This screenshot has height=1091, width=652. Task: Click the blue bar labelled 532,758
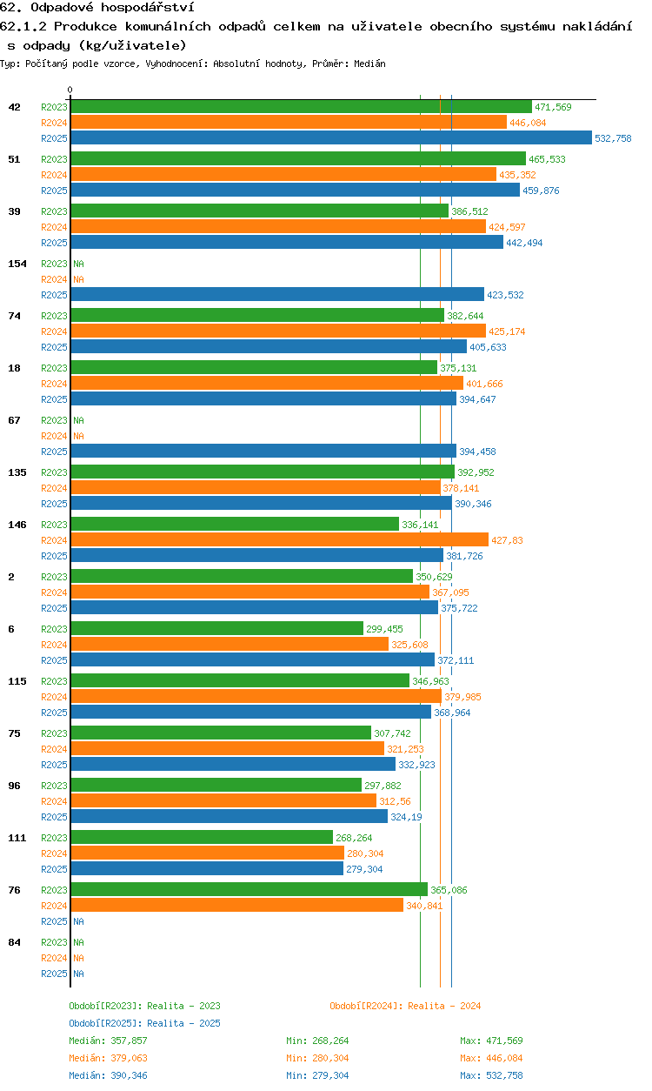331,137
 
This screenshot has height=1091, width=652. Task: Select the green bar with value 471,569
301,107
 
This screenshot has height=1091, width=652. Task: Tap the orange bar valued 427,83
280,539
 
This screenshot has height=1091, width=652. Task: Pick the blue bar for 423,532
277,294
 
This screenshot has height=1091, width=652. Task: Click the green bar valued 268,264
202,837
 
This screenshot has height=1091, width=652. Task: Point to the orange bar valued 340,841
237,905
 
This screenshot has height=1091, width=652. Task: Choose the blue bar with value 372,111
252,660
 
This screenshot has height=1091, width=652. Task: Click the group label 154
17,264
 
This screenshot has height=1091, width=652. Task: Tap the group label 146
17,525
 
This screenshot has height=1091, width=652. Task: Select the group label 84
14,942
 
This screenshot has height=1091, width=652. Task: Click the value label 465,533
547,159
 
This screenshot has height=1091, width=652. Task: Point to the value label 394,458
477,452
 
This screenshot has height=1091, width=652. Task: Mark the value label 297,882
383,786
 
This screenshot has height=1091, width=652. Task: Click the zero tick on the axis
70,90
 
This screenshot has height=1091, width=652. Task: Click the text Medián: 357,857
108,1041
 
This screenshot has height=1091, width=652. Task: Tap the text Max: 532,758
491,1075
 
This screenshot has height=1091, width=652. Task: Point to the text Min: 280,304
317,1058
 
